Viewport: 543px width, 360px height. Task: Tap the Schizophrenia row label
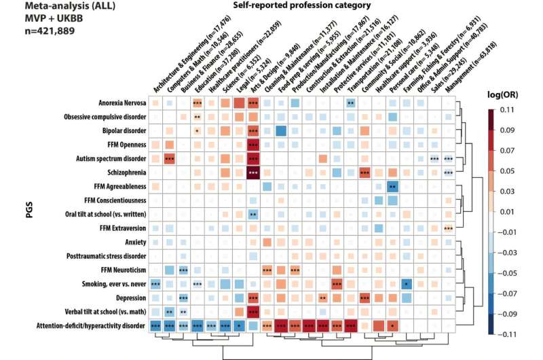coord(119,173)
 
